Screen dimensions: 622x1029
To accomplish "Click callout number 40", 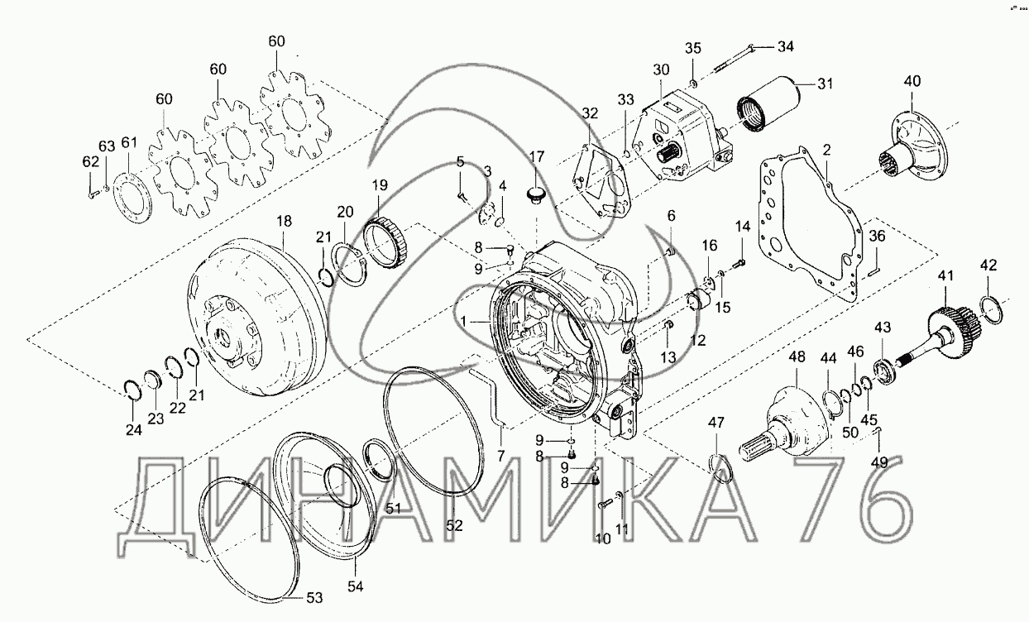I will click(912, 81).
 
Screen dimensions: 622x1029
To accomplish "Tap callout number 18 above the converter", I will click(284, 222).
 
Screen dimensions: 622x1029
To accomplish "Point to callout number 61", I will click(128, 143).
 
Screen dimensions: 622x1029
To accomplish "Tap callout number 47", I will click(716, 424).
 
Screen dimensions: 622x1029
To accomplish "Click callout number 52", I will click(455, 524).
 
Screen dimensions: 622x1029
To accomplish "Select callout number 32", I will click(589, 113).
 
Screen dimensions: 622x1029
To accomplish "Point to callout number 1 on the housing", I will click(464, 320).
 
